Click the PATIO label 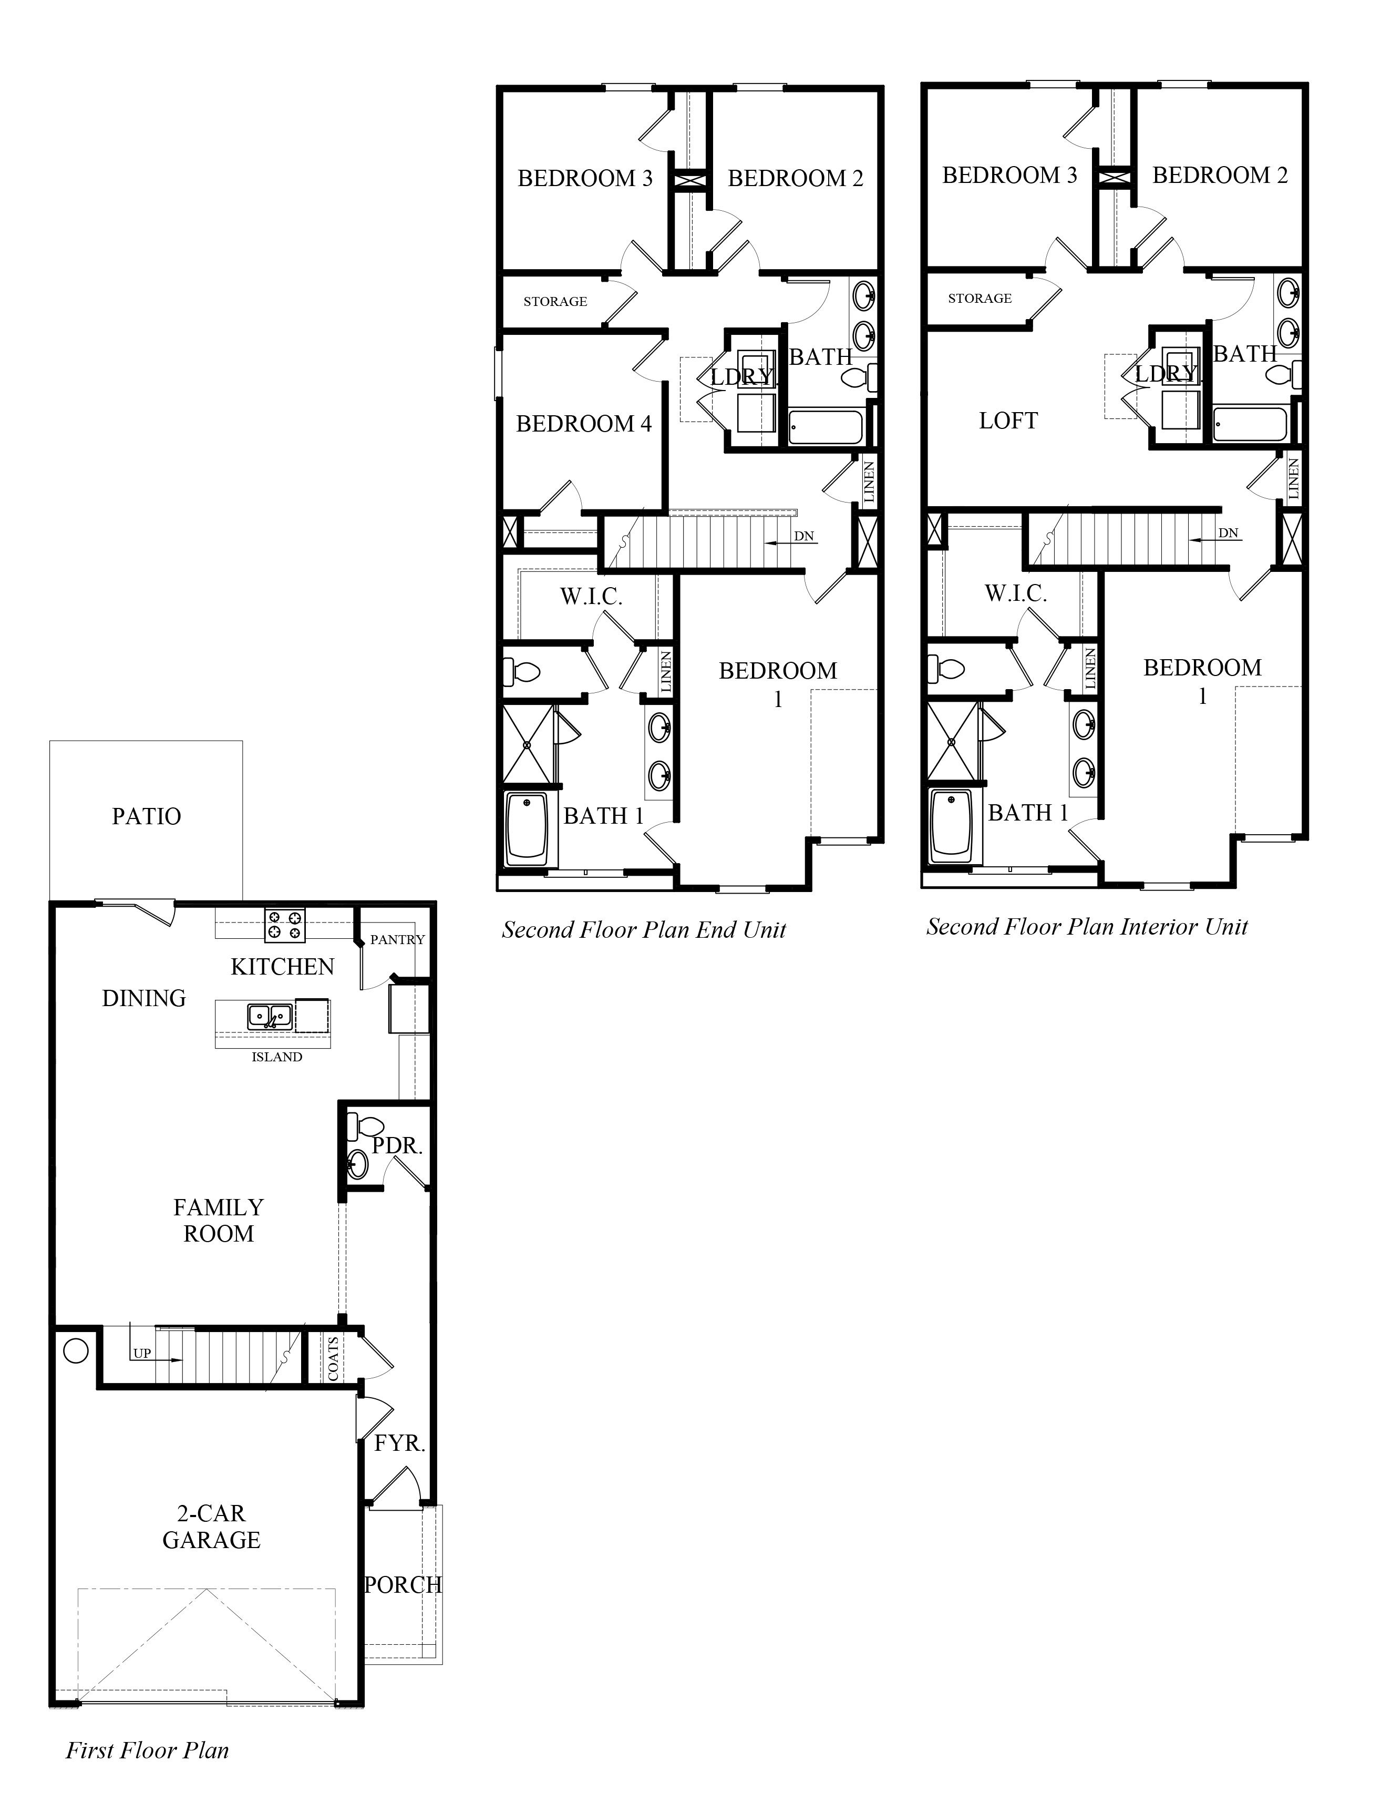146,816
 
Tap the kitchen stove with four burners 284,925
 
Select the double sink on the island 270,1017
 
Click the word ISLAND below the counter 277,1058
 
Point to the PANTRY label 397,940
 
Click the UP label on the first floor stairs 142,1354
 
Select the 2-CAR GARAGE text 211,1527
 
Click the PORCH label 403,1584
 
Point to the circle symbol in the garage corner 76,1351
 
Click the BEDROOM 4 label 584,424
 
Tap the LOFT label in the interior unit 1008,421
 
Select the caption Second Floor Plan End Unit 644,930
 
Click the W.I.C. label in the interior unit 1016,593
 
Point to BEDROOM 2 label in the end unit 795,178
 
